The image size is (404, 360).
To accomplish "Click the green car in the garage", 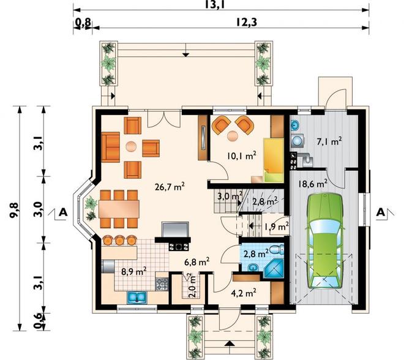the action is pos(324,241).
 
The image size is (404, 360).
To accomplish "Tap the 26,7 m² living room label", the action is pos(170,187).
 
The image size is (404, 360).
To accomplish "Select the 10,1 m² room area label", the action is pos(242,156).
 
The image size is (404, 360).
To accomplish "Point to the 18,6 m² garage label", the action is pos(313,184).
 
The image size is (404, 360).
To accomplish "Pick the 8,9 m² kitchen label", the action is pos(134,272).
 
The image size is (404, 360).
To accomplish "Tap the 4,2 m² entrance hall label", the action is pos(243,293).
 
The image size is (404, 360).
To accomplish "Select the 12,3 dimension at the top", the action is pos(247,23).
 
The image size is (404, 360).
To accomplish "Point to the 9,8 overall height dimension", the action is pos(13,210).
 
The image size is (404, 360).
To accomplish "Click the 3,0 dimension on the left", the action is pos(39,210).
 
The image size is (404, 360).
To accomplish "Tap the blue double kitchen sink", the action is pos(137,297).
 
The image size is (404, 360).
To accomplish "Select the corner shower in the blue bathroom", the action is pos(274,268).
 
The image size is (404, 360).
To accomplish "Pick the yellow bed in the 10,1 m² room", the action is pos(274,160).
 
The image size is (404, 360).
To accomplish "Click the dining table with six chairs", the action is pos(119,209).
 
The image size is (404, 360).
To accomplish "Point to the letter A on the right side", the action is pos(381,212).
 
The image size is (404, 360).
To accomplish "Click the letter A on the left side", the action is pos(63,212).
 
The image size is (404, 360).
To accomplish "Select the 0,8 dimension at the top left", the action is pos(83,23).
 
